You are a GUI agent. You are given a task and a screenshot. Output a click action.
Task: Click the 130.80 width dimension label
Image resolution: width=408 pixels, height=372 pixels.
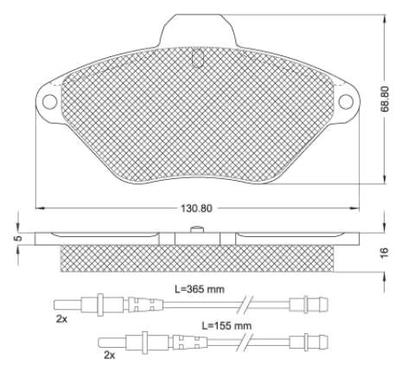click(x=196, y=208)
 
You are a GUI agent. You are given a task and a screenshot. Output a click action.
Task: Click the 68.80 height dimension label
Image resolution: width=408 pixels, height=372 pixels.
click(x=385, y=99)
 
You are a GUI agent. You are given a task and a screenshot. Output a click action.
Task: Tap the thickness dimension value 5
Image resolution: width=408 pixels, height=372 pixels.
click(x=18, y=239)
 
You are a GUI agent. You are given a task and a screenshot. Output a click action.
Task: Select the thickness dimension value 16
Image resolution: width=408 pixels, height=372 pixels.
click(x=385, y=253)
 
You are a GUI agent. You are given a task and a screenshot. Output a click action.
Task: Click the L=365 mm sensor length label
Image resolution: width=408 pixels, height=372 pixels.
click(x=200, y=289)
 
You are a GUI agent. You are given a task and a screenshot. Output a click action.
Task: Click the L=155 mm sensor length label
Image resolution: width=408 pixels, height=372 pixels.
click(x=226, y=326)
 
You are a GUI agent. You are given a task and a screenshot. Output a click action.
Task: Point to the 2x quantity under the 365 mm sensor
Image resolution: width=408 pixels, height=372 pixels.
click(x=61, y=319)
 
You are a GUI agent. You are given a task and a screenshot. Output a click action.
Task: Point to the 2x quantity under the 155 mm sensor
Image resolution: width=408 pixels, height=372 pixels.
click(x=109, y=356)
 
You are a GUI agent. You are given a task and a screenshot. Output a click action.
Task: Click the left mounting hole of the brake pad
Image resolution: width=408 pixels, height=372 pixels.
click(x=49, y=101)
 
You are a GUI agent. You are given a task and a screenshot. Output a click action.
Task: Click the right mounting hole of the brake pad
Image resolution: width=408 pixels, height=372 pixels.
click(x=346, y=101)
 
